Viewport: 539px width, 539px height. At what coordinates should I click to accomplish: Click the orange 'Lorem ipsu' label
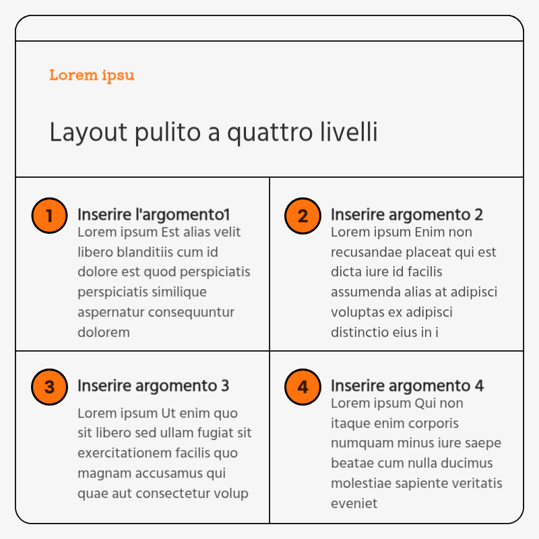(92, 75)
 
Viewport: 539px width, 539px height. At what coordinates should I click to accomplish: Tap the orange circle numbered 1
(49, 216)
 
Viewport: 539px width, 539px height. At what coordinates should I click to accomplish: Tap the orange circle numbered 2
(303, 216)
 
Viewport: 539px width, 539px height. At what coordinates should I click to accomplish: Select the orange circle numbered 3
(49, 387)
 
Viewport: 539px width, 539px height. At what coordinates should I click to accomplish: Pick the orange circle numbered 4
(303, 387)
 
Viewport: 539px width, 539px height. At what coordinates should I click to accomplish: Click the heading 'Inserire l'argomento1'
(154, 215)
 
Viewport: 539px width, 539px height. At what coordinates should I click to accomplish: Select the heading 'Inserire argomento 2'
(407, 215)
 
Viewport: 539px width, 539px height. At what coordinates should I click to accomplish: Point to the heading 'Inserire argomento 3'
(154, 386)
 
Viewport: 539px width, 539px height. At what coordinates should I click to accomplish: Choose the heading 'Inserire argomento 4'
(407, 386)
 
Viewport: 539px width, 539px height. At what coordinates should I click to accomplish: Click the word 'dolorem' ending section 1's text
(103, 332)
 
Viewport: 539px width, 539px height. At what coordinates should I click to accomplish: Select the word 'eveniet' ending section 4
(354, 503)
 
